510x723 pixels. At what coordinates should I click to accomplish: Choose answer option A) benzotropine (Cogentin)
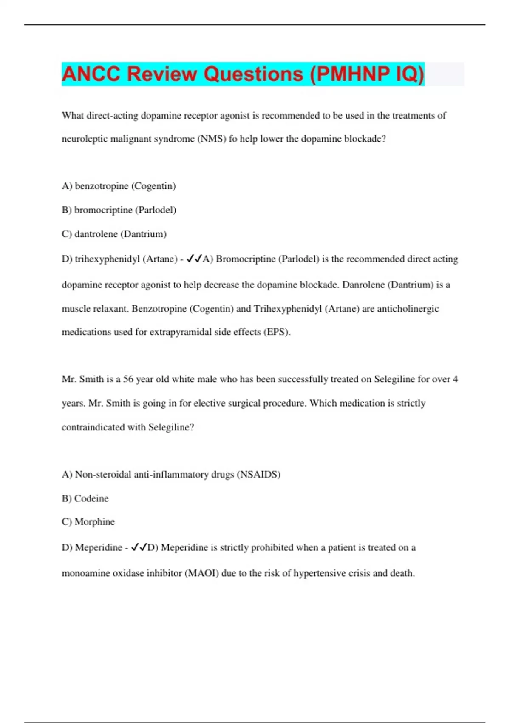119,186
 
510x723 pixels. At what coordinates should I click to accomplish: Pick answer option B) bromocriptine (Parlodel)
119,210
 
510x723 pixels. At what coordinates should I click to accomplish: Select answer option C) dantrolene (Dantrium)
114,234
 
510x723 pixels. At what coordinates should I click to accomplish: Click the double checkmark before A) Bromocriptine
194,259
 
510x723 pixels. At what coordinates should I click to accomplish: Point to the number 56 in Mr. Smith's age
128,379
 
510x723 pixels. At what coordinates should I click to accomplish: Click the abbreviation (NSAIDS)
258,475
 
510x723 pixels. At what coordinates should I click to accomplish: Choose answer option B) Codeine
85,498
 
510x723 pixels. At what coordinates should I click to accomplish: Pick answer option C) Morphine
88,522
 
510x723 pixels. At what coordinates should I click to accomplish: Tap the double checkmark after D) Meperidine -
139,547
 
